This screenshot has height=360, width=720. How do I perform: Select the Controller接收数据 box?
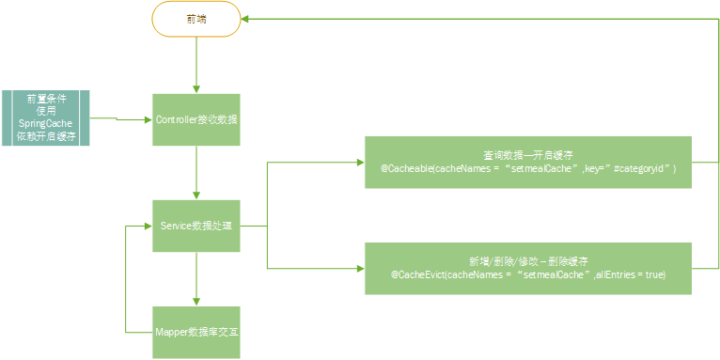[x=196, y=119]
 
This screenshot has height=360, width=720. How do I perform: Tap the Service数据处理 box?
[x=196, y=226]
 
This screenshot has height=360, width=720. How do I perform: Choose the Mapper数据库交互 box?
[x=196, y=332]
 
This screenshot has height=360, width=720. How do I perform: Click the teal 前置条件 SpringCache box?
[x=45, y=117]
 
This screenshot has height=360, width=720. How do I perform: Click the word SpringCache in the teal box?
[x=46, y=124]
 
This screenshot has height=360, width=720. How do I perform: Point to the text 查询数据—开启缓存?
[x=527, y=154]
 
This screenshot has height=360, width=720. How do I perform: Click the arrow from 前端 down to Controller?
[x=196, y=66]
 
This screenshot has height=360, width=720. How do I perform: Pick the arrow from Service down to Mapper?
[x=196, y=278]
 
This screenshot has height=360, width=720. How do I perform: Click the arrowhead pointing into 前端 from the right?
[x=245, y=19]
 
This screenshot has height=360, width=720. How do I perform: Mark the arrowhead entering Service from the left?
[x=146, y=226]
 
